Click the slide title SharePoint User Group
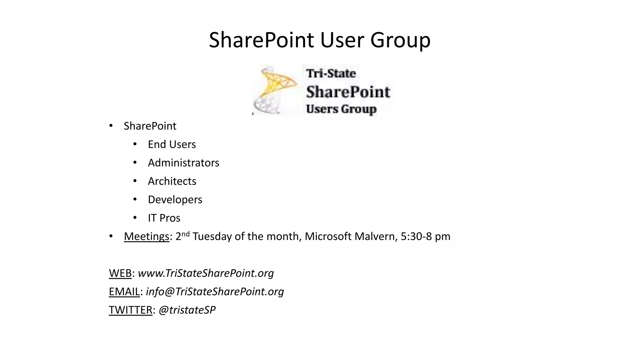[x=319, y=40]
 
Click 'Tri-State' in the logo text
[x=331, y=73]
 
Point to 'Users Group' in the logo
[x=341, y=109]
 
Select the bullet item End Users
[x=172, y=144]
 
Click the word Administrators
[x=183, y=163]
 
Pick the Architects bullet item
[x=172, y=181]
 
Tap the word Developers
[x=175, y=200]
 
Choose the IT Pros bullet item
[x=164, y=218]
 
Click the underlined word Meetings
[x=146, y=237]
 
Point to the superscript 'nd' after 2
[x=186, y=234]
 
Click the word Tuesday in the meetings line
[x=212, y=237]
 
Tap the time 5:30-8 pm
[x=425, y=237]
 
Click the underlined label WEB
[x=120, y=273]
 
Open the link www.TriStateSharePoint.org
[x=206, y=273]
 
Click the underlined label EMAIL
[x=124, y=292]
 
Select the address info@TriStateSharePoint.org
[x=215, y=292]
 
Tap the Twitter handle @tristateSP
[x=187, y=310]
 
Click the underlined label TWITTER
[x=130, y=310]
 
